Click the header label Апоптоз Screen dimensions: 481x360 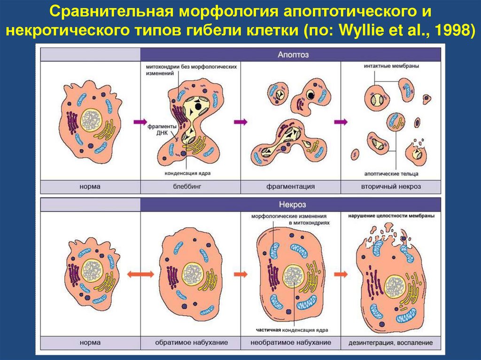(290, 54)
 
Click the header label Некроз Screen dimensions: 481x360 (290, 205)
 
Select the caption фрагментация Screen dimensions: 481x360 (290, 187)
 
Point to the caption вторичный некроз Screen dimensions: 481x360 (391, 187)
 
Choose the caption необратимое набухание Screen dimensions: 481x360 (290, 343)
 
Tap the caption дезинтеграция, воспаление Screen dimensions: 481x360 (391, 343)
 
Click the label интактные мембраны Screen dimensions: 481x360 (391, 66)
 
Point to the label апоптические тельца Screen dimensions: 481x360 (391, 173)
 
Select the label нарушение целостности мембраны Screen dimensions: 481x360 (391, 216)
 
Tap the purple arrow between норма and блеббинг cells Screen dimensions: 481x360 (140, 122)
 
